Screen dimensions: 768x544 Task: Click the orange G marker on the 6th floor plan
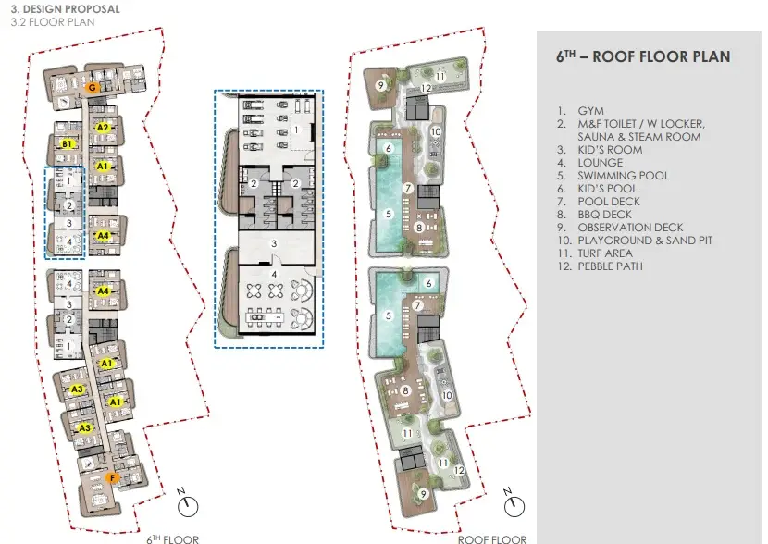(92, 88)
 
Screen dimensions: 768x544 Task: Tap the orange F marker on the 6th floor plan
(112, 478)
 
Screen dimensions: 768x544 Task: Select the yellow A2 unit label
(103, 128)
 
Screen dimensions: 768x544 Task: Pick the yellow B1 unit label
(68, 143)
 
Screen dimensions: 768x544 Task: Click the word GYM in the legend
(590, 111)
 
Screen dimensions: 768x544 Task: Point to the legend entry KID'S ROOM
(610, 150)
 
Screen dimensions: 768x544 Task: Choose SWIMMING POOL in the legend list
(623, 176)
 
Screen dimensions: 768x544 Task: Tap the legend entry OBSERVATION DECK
(630, 228)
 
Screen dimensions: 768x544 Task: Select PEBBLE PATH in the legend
(610, 266)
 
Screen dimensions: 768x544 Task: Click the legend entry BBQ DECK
(604, 215)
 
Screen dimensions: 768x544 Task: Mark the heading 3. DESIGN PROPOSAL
(65, 9)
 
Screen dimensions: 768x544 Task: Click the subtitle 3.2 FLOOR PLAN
(53, 22)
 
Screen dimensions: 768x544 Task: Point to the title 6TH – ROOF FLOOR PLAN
(643, 56)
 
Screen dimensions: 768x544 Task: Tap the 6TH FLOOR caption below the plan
(172, 539)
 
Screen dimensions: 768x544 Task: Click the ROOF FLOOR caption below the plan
(492, 539)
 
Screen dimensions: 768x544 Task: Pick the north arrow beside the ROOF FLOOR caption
(514, 503)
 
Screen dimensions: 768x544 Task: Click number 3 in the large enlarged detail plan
(274, 243)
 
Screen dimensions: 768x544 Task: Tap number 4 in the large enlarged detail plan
(274, 275)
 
